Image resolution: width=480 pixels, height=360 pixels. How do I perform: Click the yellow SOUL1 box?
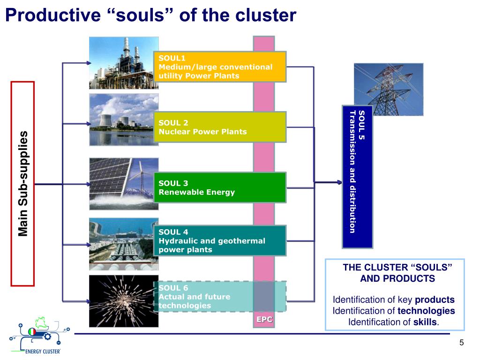pos(219,67)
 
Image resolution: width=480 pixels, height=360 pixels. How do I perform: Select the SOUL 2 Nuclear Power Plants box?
pos(219,127)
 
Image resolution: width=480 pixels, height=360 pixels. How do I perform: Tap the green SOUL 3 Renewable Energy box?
pos(219,187)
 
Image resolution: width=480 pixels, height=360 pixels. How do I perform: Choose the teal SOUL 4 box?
pos(219,240)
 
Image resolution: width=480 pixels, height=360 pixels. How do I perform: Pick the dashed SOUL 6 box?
pos(219,296)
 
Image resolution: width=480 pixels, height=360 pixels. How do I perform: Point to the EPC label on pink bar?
pos(264,320)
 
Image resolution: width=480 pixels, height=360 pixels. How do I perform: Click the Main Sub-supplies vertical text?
pos(23,183)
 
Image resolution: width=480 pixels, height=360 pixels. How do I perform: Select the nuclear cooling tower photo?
pos(124,119)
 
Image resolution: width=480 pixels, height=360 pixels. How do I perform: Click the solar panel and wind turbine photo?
pos(124,183)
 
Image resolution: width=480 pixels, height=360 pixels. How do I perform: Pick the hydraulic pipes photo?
pos(124,244)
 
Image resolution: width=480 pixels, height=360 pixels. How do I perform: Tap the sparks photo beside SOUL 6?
pos(124,301)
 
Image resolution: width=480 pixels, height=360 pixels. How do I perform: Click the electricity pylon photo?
pos(383,89)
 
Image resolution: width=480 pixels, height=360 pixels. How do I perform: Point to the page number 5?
pos(461,343)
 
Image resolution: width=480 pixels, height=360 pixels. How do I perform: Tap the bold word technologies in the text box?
pos(426,311)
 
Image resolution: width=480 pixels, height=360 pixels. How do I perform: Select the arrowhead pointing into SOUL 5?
pos(339,182)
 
